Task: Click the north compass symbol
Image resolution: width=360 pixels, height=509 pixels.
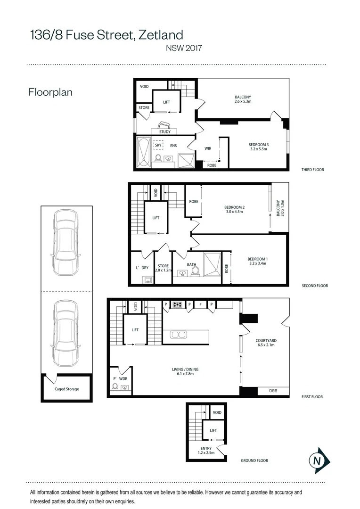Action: point(319,460)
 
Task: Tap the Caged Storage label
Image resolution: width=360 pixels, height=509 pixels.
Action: point(66,389)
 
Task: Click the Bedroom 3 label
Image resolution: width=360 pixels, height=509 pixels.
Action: point(259,145)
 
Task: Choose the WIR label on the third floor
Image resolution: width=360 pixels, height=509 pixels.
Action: point(208,148)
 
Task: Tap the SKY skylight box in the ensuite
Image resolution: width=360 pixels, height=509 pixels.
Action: point(158,145)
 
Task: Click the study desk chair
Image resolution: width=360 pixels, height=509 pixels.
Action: point(164,125)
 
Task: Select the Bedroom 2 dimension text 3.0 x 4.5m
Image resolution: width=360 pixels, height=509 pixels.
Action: point(234,212)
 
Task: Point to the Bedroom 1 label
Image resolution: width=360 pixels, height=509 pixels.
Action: point(257,259)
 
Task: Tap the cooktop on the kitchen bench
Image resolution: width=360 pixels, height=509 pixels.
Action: point(177,304)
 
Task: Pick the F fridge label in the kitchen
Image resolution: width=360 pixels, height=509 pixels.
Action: point(201,304)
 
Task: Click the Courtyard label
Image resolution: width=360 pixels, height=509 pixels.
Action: point(266,341)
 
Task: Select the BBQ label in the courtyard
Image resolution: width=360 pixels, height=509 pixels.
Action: point(273,391)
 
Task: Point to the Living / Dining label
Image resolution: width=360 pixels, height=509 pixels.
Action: point(185,369)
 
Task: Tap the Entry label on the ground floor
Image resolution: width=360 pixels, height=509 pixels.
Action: point(206,448)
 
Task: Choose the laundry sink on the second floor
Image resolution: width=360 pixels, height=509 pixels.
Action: point(148,280)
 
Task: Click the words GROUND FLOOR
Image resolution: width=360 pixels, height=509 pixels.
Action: point(254,460)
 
